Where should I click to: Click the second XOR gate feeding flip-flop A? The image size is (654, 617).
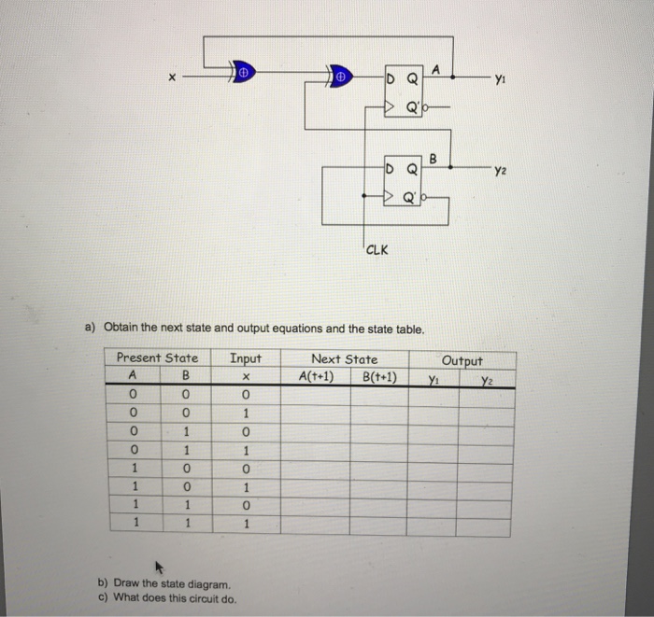341,76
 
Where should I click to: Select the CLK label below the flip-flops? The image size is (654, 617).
378,249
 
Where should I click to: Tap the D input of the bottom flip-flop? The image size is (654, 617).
391,169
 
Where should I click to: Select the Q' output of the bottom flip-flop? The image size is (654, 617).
412,198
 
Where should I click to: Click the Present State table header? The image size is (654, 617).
157,358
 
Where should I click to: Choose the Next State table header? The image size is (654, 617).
344,358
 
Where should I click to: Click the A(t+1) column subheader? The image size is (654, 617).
315,377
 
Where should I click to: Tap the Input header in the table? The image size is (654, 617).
246,358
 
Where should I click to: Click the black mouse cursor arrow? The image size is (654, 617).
159,566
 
